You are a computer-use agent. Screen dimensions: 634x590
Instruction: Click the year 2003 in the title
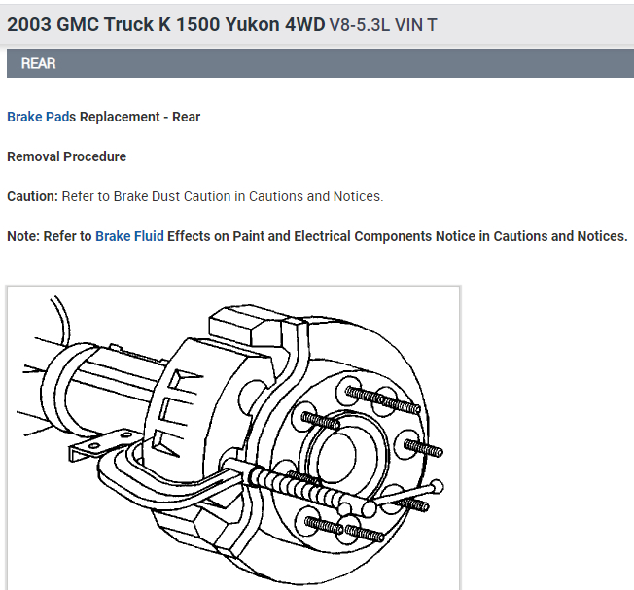pyautogui.click(x=29, y=24)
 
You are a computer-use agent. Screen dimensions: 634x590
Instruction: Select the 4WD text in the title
pyautogui.click(x=305, y=24)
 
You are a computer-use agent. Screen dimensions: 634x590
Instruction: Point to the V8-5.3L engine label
pyautogui.click(x=360, y=25)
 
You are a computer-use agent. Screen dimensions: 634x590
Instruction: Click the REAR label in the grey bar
pyautogui.click(x=39, y=63)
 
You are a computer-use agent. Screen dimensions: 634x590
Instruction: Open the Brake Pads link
pyautogui.click(x=41, y=117)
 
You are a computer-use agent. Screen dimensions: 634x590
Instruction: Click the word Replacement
pyautogui.click(x=120, y=117)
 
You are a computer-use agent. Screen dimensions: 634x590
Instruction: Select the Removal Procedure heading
pyautogui.click(x=67, y=156)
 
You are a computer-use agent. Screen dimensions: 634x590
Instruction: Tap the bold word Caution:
pyautogui.click(x=33, y=196)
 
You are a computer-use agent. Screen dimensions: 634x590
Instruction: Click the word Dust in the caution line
pyautogui.click(x=165, y=196)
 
